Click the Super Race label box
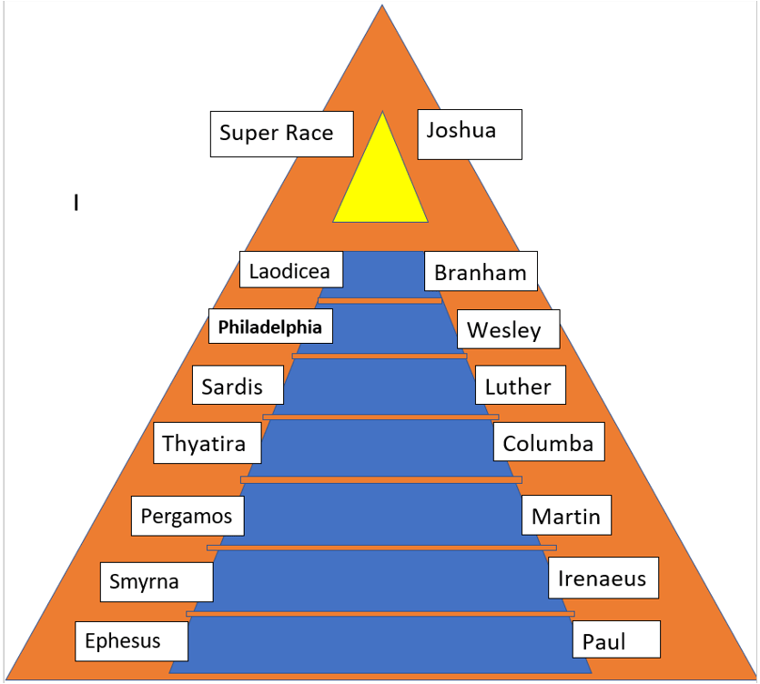[x=277, y=134]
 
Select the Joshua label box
[x=469, y=134]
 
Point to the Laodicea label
[x=290, y=270]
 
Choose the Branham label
[x=480, y=272]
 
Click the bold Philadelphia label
[x=270, y=327]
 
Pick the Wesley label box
[x=503, y=329]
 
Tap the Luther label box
[x=518, y=386]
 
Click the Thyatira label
[x=206, y=443]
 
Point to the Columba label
[x=548, y=443]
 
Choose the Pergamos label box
[x=187, y=517]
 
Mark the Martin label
[x=565, y=516]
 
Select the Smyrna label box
[x=155, y=581]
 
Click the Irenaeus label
[x=601, y=578]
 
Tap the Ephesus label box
[x=131, y=640]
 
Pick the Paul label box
[x=615, y=641]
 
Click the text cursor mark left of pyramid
[x=76, y=203]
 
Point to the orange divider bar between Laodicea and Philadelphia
[x=380, y=300]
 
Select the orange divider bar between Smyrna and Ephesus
[x=380, y=614]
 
